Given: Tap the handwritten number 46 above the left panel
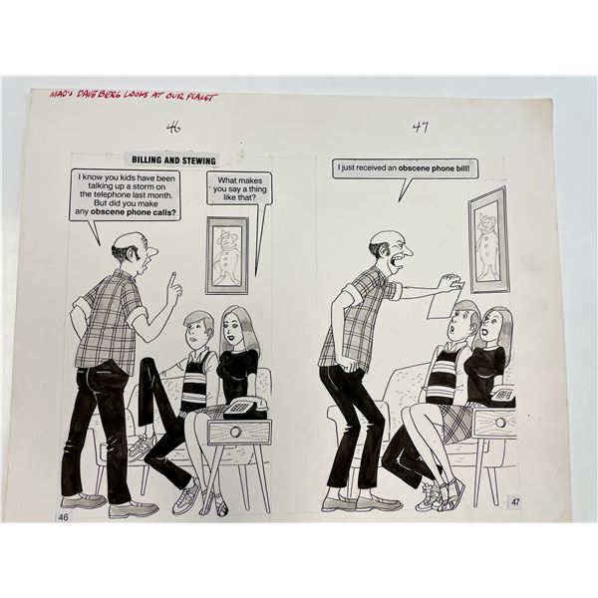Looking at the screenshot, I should click(x=175, y=128).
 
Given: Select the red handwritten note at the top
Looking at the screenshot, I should click(x=133, y=96).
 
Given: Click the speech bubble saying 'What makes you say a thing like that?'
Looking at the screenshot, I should click(x=239, y=188).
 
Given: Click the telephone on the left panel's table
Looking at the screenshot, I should click(x=243, y=407).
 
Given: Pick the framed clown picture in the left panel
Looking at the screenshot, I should click(x=226, y=255).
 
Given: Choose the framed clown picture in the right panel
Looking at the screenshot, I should click(x=487, y=239).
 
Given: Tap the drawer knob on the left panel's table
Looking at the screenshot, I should click(x=238, y=433).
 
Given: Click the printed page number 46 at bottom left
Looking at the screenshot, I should click(x=63, y=517).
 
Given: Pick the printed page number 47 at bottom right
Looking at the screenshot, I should click(x=514, y=502).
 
